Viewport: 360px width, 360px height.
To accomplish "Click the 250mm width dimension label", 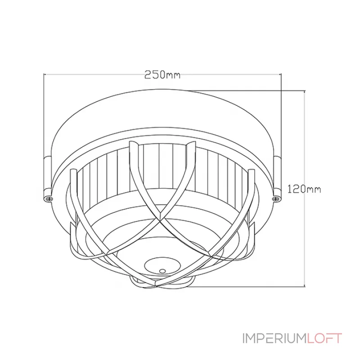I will click(x=162, y=75).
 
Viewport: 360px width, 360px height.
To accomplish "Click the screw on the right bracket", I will click(x=276, y=197).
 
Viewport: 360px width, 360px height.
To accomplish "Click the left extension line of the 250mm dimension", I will click(x=44, y=112).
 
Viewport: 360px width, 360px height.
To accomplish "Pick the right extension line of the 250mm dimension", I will click(x=281, y=112).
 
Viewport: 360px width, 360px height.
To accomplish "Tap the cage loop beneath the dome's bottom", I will click(x=162, y=283).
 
